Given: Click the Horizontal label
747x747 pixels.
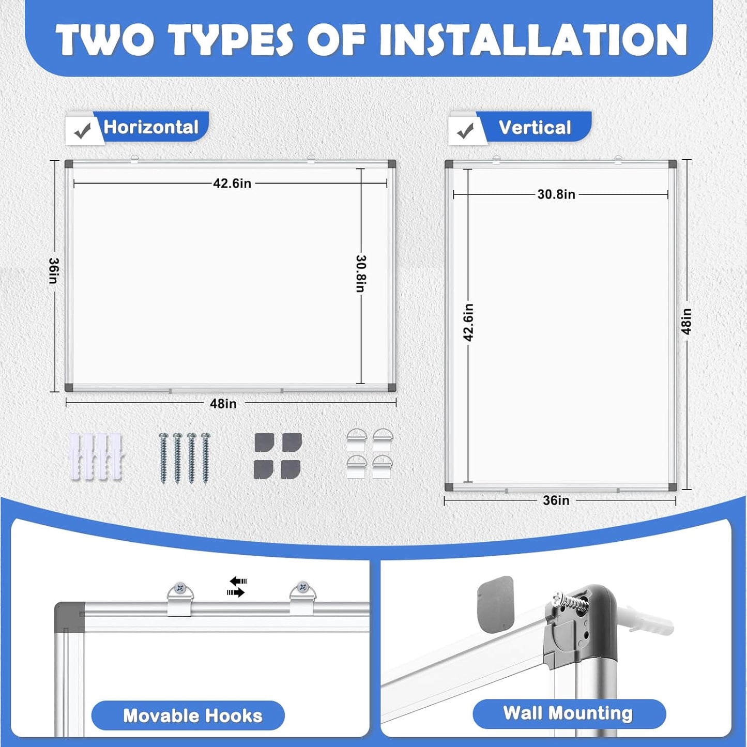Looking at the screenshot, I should click(x=151, y=127).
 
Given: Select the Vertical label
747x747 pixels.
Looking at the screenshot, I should click(x=535, y=127).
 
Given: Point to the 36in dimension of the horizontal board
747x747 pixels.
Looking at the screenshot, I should click(x=54, y=270).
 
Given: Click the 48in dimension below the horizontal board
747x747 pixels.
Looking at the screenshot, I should click(x=223, y=404).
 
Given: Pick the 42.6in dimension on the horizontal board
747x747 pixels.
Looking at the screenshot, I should click(x=232, y=184).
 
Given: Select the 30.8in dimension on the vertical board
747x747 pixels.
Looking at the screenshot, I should click(x=556, y=194).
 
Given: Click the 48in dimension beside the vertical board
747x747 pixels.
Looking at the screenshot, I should click(x=686, y=321).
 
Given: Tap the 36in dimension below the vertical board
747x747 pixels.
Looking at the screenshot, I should click(x=556, y=500).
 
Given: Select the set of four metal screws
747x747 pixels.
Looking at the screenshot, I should click(x=185, y=458).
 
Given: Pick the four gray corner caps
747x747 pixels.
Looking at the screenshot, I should click(x=278, y=456).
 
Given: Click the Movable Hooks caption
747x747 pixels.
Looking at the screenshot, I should click(x=192, y=715).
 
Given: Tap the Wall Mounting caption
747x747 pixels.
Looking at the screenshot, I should click(x=568, y=713).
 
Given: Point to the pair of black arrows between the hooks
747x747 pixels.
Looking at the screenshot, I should click(x=237, y=587).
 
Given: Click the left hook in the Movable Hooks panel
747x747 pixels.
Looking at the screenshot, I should click(x=180, y=598).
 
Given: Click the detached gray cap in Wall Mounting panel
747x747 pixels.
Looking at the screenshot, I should click(x=495, y=604).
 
